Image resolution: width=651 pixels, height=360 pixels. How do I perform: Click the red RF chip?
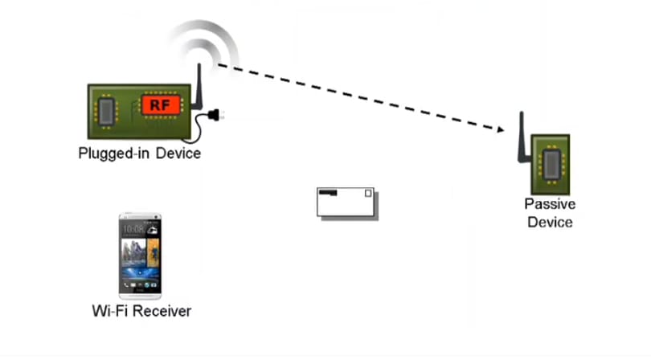point(161,105)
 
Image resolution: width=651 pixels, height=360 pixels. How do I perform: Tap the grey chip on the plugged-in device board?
point(106,111)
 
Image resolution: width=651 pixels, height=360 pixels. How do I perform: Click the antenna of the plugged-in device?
point(198,87)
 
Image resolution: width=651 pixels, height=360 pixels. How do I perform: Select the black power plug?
point(215,115)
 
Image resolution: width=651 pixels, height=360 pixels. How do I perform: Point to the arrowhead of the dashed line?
point(500,129)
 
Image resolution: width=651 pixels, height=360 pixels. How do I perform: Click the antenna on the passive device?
point(522,137)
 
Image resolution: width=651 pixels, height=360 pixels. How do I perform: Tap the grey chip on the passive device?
point(552,165)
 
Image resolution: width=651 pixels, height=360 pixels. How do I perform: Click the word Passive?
point(550,204)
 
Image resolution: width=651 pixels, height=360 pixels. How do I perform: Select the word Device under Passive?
point(550,222)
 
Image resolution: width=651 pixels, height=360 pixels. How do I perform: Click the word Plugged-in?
point(113,153)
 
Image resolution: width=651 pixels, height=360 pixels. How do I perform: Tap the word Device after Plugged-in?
point(178,153)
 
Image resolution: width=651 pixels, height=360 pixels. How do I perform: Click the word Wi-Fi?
point(109,311)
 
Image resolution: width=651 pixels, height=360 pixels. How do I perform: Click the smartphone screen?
point(140,255)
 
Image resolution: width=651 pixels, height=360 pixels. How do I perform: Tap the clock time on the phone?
point(133,229)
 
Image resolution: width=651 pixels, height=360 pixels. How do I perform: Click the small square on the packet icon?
point(368,193)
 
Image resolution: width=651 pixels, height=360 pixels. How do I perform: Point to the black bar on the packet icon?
point(328,192)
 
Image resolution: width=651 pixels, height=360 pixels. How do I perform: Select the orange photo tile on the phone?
point(154,252)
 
